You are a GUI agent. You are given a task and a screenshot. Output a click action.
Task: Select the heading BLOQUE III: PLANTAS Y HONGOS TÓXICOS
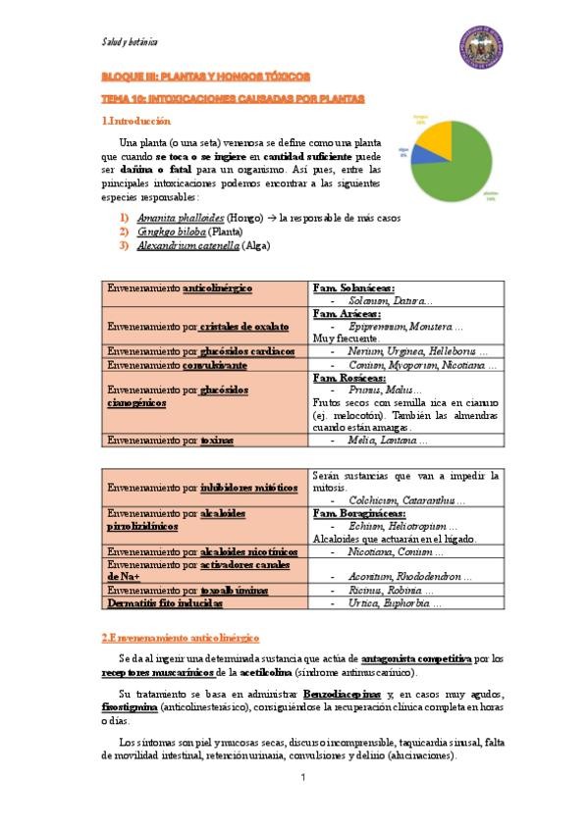click(206, 76)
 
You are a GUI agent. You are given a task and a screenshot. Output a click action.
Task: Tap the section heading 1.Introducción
click(136, 122)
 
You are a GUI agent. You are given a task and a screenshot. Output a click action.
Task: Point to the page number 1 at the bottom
click(303, 778)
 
